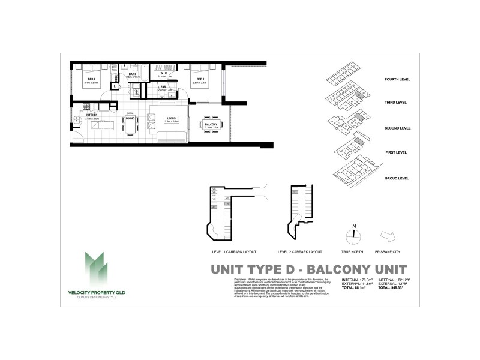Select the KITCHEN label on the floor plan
(91, 114)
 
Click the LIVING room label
(172, 119)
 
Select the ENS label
(163, 87)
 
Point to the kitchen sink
(77, 126)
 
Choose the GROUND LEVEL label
(397, 178)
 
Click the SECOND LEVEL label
(397, 128)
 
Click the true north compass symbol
(353, 236)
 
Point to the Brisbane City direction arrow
(386, 235)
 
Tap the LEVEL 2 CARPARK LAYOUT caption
(301, 252)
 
